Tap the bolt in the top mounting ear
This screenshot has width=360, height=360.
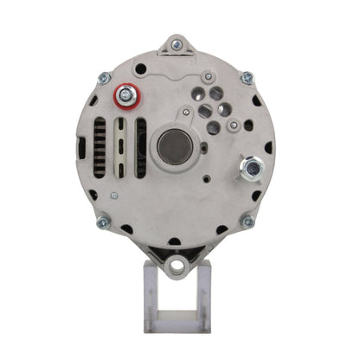pos(177,45)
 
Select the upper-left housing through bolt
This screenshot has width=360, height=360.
pos(104,78)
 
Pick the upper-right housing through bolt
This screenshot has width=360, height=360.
pos(247,78)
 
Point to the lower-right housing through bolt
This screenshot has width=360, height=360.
pos(247,222)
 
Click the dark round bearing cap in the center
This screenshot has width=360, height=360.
pos(176,147)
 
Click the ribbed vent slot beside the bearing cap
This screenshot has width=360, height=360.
pos(140,149)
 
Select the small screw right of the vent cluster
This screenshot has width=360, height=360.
pos(234,125)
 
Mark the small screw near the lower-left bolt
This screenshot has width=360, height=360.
pos(113,196)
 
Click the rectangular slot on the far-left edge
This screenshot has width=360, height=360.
pos(82,147)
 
